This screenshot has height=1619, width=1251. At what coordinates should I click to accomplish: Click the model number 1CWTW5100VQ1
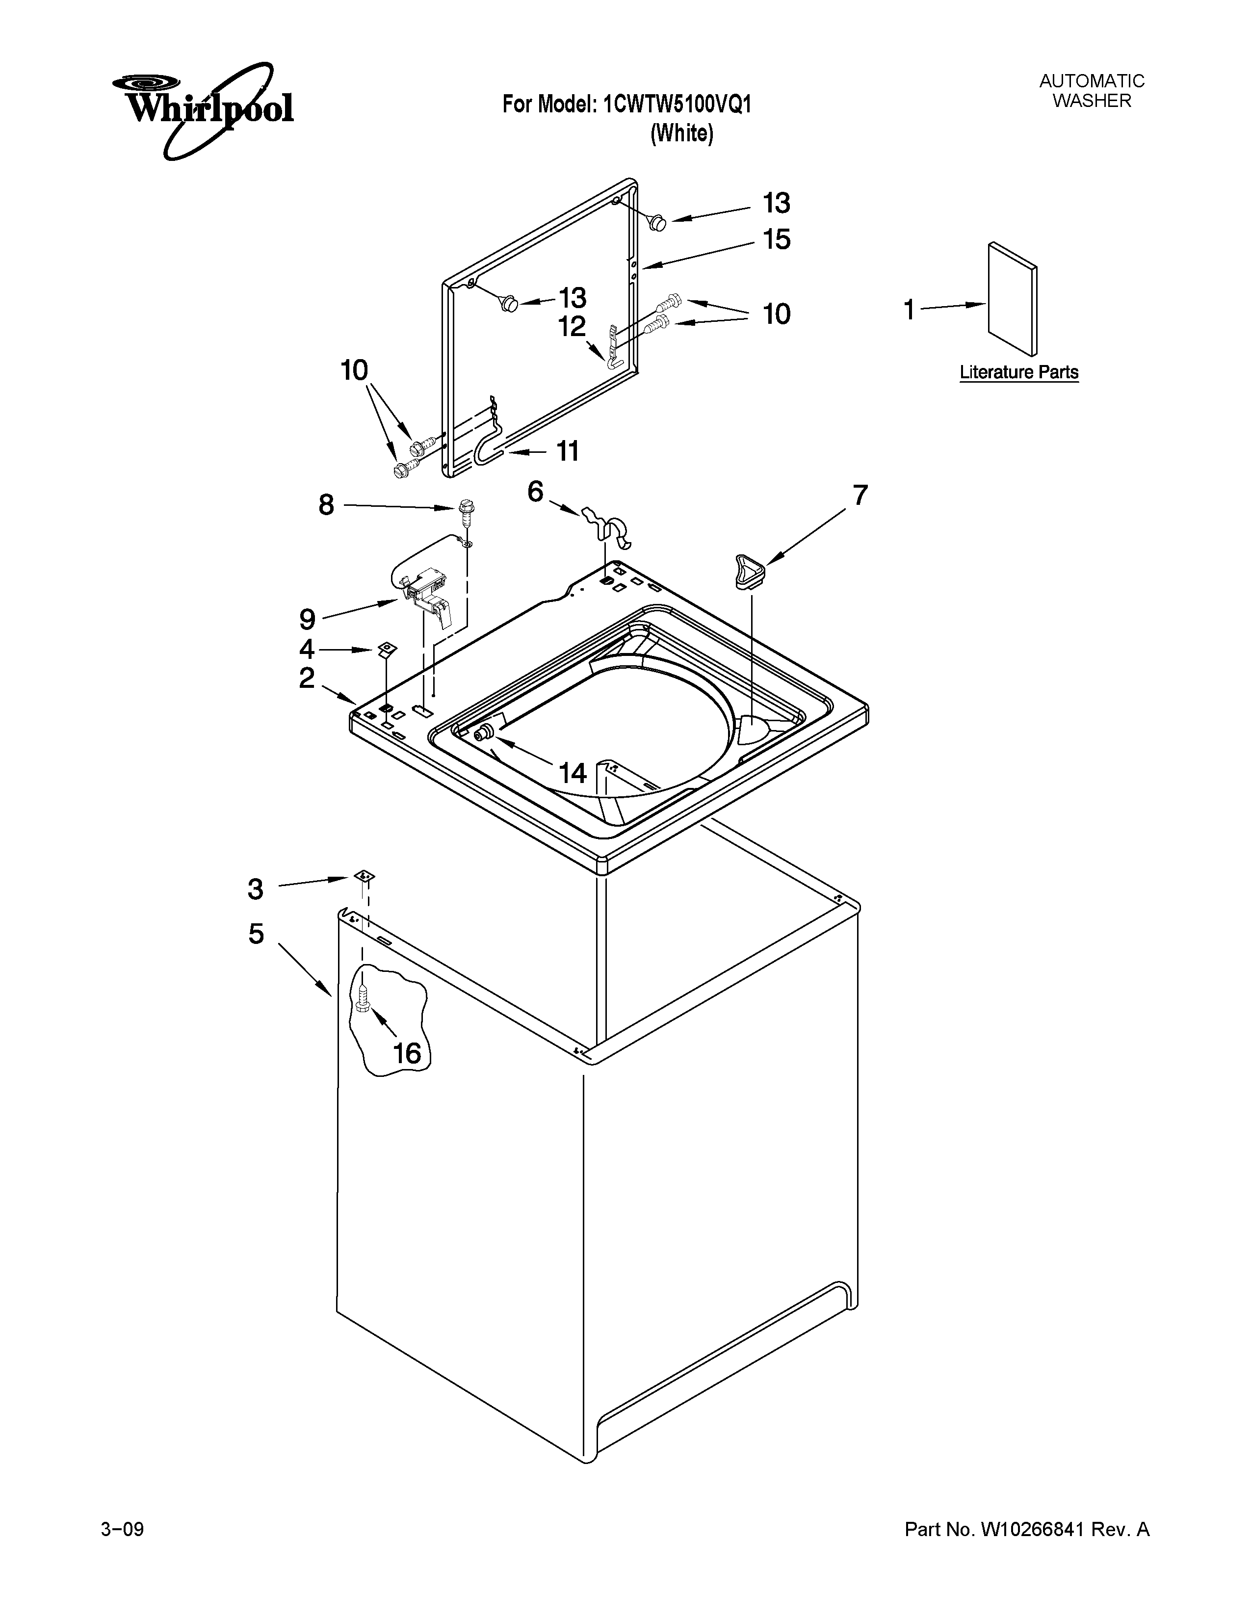pyautogui.click(x=678, y=104)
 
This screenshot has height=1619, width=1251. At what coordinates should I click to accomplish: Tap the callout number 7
pyautogui.click(x=859, y=495)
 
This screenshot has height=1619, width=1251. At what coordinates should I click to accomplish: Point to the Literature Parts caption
pyautogui.click(x=1018, y=372)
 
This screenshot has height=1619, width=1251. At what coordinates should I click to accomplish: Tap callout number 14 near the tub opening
pyautogui.click(x=572, y=773)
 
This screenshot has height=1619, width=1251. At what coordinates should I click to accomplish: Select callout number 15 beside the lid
pyautogui.click(x=777, y=239)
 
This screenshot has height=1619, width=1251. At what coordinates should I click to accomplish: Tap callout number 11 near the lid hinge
pyautogui.click(x=567, y=451)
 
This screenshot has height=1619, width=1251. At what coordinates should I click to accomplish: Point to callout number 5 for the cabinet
pyautogui.click(x=256, y=933)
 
